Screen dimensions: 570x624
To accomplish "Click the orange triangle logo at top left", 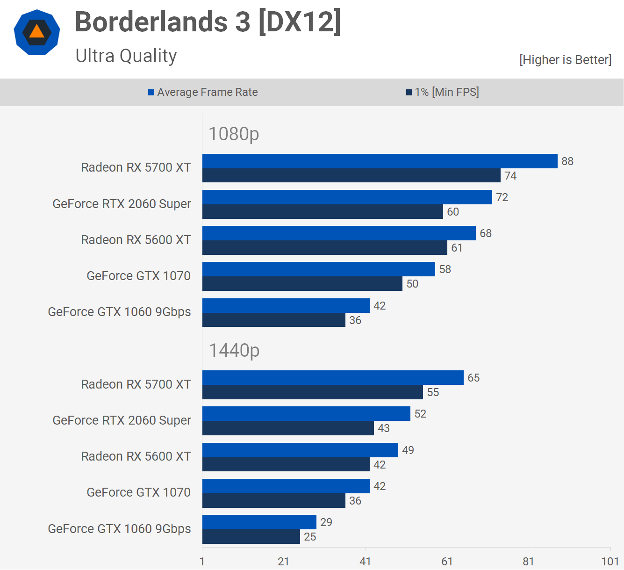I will [37, 32].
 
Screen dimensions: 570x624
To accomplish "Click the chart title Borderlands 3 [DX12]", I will [208, 22].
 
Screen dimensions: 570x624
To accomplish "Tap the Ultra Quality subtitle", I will [126, 56].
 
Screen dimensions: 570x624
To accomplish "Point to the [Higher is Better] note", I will [565, 60].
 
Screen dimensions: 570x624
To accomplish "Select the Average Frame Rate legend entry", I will [203, 92].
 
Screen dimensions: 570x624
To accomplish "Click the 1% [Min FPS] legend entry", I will [443, 92].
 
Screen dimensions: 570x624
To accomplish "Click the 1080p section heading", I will [234, 134].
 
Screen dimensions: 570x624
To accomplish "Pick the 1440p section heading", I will [234, 350].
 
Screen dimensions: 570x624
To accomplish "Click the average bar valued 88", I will [380, 161].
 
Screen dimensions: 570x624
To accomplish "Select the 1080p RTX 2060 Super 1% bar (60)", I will [323, 212].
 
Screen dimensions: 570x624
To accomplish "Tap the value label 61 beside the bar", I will [457, 248].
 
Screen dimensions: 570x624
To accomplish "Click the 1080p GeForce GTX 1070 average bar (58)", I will [319, 269].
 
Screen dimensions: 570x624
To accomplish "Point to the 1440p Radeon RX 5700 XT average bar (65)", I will [333, 378].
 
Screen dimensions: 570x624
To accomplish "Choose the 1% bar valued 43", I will [288, 428].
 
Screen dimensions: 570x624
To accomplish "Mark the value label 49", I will [408, 450].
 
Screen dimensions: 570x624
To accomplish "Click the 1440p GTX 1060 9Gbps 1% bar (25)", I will [251, 537].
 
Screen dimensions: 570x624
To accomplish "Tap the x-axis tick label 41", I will [365, 562].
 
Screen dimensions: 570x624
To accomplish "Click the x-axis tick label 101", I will [610, 562].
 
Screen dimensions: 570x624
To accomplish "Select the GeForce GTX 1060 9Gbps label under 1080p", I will [120, 312].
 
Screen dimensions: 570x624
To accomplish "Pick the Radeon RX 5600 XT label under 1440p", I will [136, 456].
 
